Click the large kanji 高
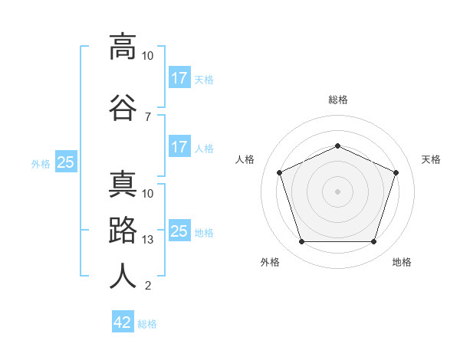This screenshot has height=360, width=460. [123, 47]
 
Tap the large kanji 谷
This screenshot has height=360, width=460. [123, 107]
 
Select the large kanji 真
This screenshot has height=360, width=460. [123, 184]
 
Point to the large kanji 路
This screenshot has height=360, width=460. [123, 230]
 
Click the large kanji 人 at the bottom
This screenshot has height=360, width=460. [123, 276]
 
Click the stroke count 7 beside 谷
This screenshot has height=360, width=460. [148, 117]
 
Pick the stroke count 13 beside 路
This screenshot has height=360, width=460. [147, 240]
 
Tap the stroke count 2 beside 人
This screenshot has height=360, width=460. [148, 286]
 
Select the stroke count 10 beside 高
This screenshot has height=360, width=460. [147, 56]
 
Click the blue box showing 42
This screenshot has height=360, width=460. [123, 321]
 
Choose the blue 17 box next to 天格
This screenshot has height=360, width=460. [180, 77]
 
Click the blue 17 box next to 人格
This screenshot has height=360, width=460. [180, 146]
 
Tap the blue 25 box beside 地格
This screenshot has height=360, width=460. [180, 230]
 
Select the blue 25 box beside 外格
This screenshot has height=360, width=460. [66, 162]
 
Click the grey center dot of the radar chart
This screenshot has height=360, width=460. [337, 191]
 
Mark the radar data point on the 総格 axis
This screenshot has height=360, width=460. [337, 146]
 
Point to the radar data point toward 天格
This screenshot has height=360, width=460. [396, 172]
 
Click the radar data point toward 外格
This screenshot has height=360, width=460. [302, 241]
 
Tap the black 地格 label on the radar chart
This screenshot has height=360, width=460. [402, 262]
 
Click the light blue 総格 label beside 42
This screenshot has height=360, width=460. [147, 324]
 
